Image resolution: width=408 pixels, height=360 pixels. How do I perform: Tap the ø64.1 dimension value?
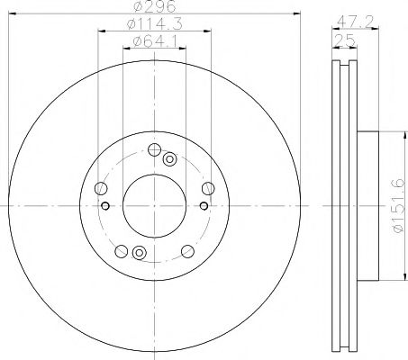(151, 41)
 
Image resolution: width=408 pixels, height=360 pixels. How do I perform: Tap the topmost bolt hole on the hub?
(154, 150)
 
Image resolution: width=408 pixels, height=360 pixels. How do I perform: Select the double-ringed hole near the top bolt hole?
(169, 158)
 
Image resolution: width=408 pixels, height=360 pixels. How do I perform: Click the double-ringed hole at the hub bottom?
(138, 254)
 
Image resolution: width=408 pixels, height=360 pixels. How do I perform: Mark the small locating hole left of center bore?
(107, 206)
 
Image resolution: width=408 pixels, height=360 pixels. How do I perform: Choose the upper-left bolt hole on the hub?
(102, 188)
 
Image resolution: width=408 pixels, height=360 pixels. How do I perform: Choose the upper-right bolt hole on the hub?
(208, 187)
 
